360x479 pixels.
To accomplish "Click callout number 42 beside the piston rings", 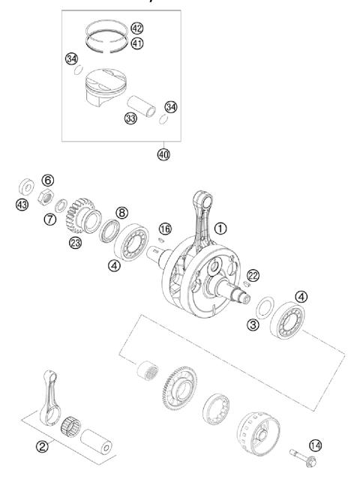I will point(136,28).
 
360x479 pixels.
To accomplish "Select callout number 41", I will point(136,43).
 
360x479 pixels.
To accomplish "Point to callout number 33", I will point(131,119).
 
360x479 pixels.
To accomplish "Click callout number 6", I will point(47,180).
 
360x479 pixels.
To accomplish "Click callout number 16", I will point(165,228).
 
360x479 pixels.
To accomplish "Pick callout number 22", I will point(253,277).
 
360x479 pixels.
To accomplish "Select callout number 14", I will point(315,445).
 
